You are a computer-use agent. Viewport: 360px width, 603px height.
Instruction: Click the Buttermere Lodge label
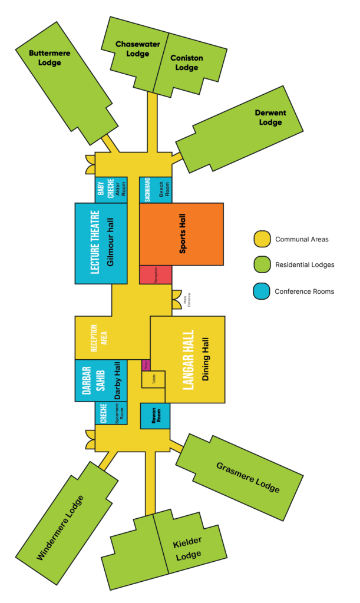pos(49,58)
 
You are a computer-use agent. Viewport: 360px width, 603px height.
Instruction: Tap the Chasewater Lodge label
pos(133,49)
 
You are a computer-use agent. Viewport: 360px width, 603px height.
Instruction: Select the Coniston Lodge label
pos(186,62)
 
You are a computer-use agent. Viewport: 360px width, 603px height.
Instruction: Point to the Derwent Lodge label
pos(270,118)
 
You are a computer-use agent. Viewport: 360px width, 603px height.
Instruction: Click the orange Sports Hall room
pos(181,234)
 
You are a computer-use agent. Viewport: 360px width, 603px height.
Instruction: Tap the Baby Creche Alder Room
pos(111,190)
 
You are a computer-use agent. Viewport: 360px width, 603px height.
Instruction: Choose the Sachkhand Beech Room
pos(156,190)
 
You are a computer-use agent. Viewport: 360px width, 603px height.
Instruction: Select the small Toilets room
pos(153,379)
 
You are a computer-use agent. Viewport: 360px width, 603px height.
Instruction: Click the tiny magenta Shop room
pos(146,365)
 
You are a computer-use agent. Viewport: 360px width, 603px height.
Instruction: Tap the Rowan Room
pos(155,416)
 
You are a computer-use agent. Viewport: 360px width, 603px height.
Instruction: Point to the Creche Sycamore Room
pos(111,413)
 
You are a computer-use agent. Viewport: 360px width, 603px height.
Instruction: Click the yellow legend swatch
pos(262,239)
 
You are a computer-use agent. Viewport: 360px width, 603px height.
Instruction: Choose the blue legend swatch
pos(262,291)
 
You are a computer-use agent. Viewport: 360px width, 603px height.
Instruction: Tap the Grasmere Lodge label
pos(247,477)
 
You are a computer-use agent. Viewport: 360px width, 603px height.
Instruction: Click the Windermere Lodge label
pos(60,527)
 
